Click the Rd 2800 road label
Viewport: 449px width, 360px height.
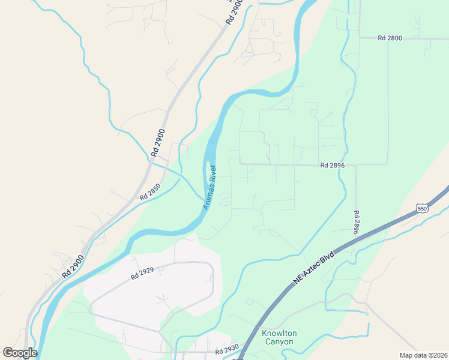click(390, 38)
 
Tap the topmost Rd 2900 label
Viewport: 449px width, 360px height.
click(234, 13)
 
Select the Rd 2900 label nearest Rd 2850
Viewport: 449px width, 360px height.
click(158, 143)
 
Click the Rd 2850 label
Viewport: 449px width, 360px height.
click(150, 192)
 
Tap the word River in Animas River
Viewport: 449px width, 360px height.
click(214, 173)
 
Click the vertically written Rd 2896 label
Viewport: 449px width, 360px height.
click(356, 223)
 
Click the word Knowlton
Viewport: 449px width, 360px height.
click(279, 333)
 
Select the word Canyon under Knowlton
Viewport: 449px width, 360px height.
click(279, 342)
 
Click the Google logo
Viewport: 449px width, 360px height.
click(20, 353)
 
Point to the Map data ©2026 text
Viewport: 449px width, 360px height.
click(423, 355)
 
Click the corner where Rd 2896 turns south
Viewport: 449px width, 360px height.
click(356, 165)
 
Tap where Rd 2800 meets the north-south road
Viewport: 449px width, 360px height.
click(359, 38)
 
